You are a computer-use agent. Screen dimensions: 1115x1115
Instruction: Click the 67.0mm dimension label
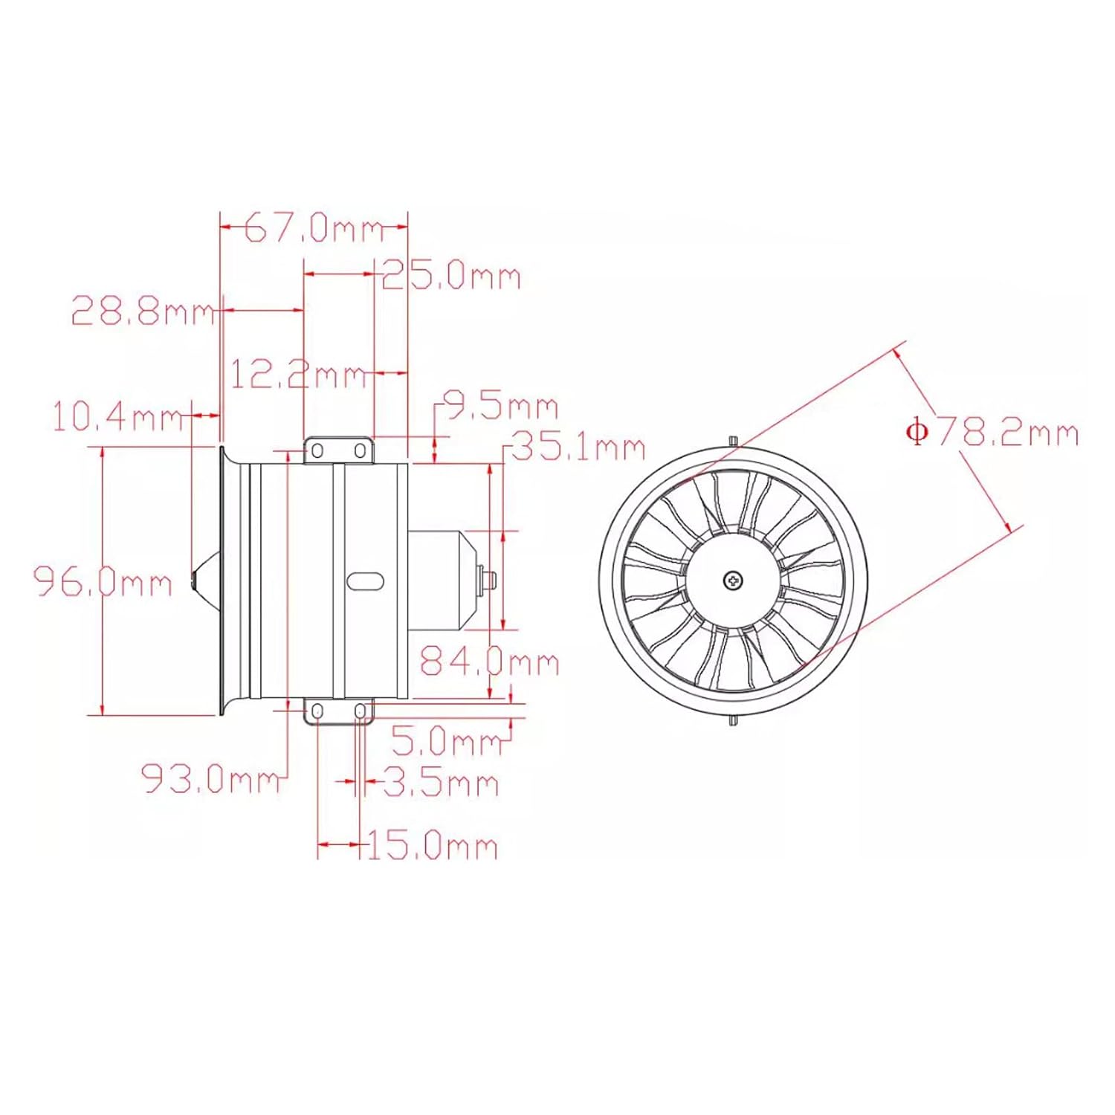(314, 227)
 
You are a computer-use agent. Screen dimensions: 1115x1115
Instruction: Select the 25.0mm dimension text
(451, 276)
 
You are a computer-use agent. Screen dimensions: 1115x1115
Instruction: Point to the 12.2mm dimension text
(298, 373)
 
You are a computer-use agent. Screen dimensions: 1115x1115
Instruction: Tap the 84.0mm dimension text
(489, 660)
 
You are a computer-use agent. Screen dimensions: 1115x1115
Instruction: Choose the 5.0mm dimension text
(447, 740)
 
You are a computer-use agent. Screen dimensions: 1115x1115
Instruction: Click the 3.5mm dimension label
(441, 783)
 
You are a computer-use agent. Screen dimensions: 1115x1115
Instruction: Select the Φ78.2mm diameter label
(992, 432)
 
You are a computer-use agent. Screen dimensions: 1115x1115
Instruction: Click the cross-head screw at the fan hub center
(733, 580)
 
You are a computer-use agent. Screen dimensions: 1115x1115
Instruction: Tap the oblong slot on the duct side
(365, 581)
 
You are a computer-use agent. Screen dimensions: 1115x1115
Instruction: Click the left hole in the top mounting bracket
(317, 451)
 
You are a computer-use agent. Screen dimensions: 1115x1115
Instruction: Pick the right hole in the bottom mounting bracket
(360, 712)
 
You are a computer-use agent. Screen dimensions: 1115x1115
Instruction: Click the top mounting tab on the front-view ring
(733, 442)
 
